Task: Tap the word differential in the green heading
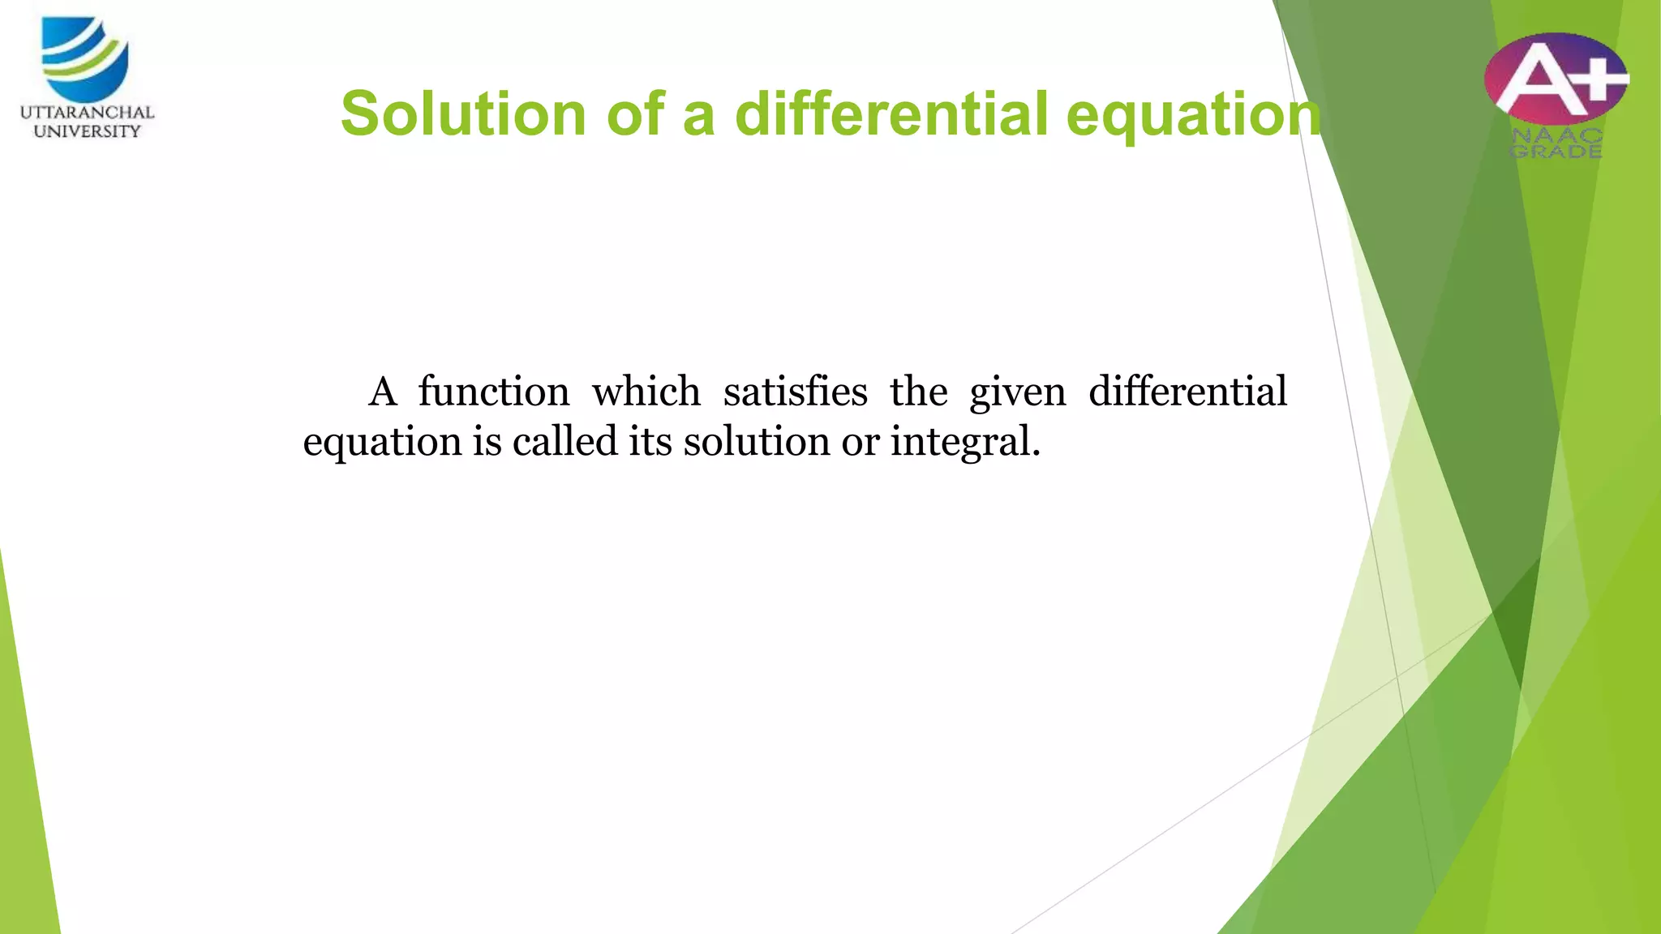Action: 891,114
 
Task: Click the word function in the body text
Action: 494,392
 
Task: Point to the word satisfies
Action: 795,392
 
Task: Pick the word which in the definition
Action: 646,392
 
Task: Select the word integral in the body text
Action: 964,443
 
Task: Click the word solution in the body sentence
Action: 756,441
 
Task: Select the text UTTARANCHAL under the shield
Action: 87,113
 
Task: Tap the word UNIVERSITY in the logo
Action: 87,131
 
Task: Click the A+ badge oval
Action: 1556,78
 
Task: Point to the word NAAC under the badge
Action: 1556,136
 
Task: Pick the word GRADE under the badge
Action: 1556,152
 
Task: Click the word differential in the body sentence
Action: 1187,392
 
